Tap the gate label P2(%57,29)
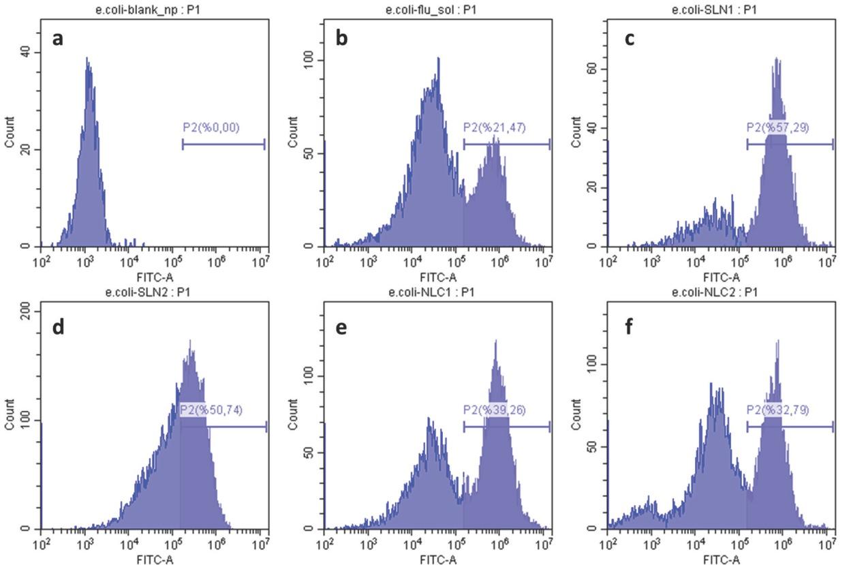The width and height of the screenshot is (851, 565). tap(777, 127)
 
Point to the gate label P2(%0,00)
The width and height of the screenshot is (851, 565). tap(211, 127)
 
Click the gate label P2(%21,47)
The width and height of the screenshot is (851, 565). tap(494, 127)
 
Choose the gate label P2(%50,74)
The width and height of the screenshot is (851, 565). tap(211, 410)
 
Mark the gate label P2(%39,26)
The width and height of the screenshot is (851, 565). tap(494, 410)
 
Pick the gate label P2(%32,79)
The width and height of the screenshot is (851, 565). tap(777, 410)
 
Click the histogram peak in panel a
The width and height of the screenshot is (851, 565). tap(87, 59)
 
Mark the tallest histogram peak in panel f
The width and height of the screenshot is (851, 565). tap(777, 341)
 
